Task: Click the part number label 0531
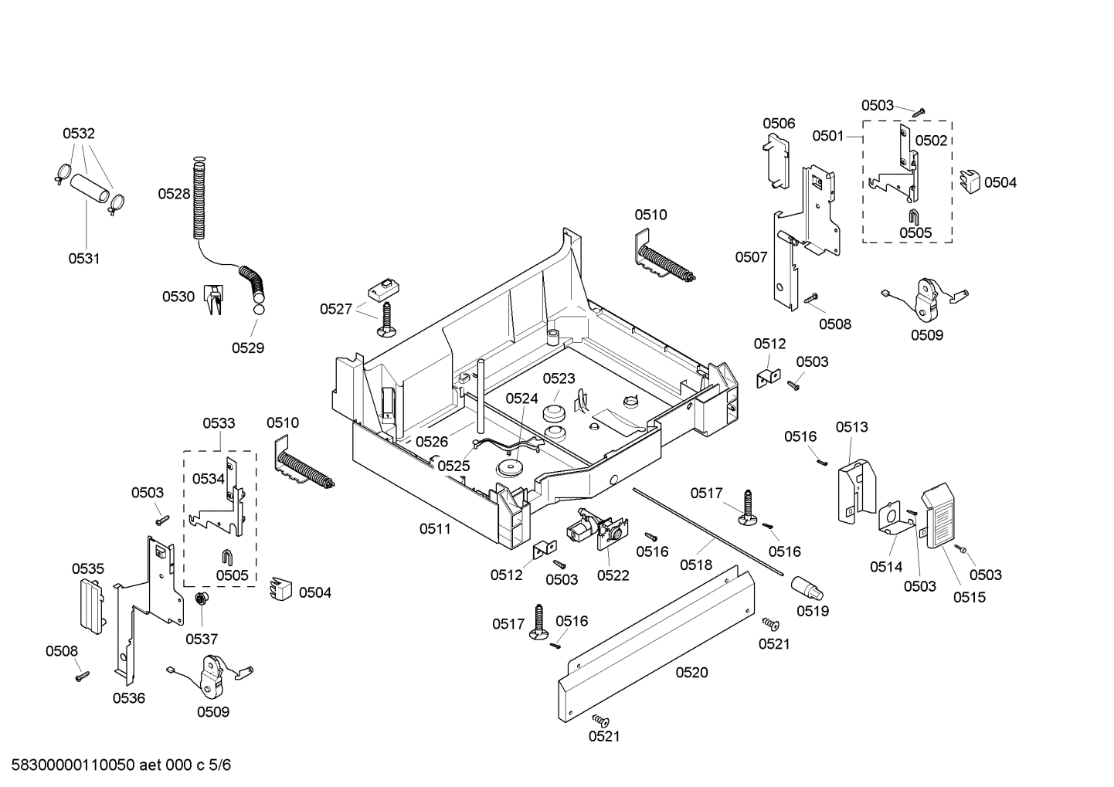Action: [x=83, y=259]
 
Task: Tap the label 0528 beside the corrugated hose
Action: [x=174, y=194]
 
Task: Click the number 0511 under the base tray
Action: [x=435, y=528]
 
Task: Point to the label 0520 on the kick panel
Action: [x=691, y=673]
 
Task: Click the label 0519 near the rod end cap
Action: [x=813, y=611]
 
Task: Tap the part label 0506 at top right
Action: [x=779, y=124]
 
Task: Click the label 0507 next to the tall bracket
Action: [x=751, y=257]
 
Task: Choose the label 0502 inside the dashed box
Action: [x=931, y=141]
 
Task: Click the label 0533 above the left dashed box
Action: [x=219, y=423]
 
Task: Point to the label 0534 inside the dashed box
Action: [x=208, y=479]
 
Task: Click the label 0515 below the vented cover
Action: [x=969, y=597]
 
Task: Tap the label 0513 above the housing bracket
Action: [x=851, y=427]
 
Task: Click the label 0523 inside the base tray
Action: [x=559, y=378]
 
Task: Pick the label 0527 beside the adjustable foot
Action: [x=336, y=310]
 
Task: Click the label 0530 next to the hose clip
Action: [x=178, y=297]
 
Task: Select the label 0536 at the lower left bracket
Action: [x=128, y=698]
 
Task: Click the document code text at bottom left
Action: [x=117, y=765]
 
